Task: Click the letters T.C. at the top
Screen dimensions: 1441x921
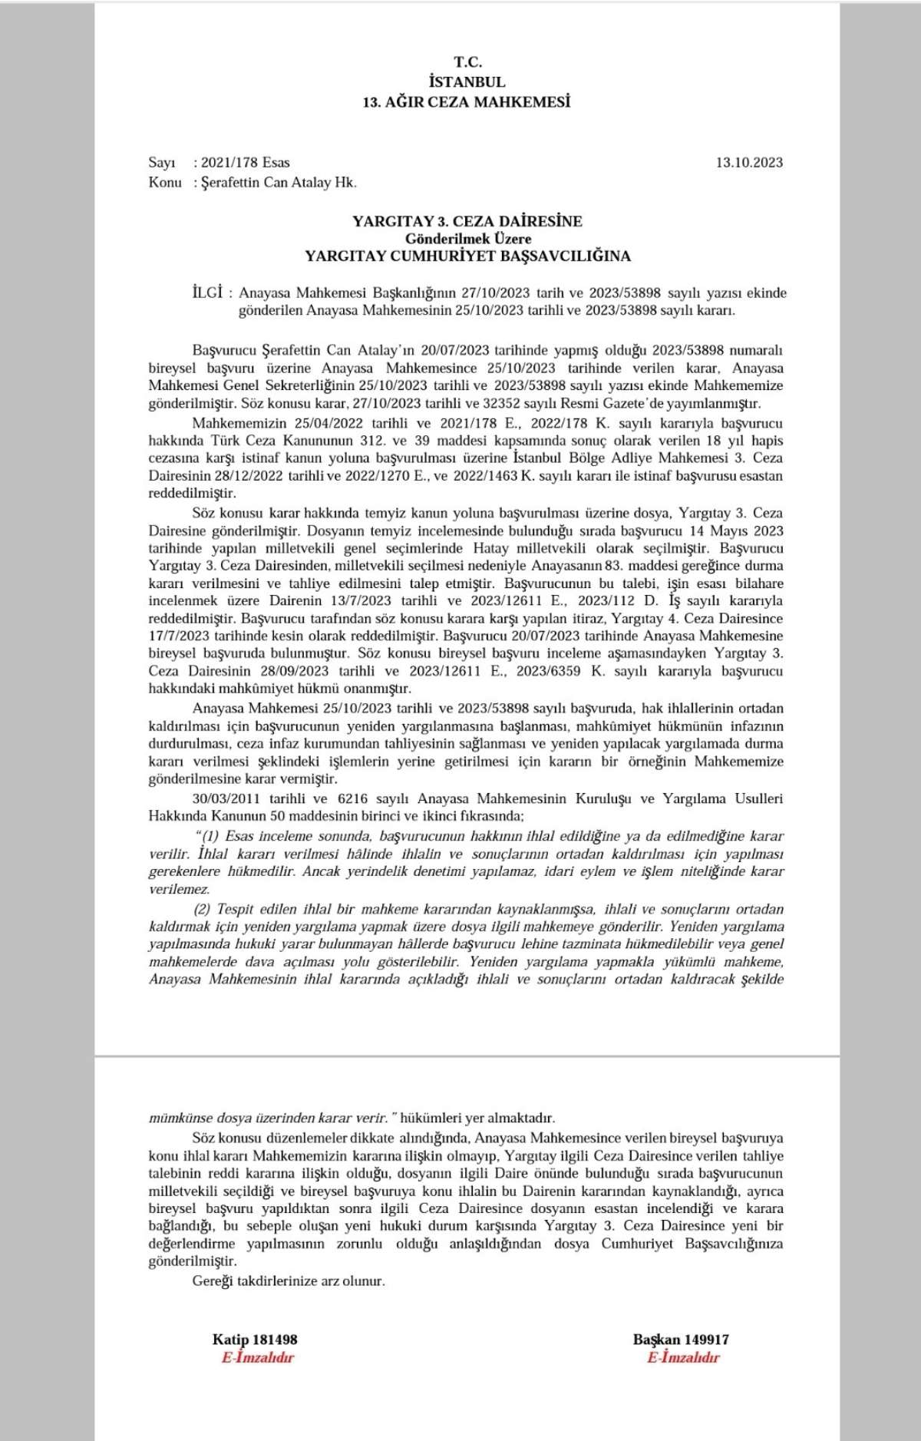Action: pos(467,62)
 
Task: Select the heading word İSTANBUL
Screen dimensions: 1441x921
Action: pos(467,81)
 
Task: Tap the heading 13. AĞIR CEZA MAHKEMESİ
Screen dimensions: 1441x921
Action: pos(467,101)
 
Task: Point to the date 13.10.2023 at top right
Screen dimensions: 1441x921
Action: pos(749,162)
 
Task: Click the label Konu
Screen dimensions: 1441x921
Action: pos(165,182)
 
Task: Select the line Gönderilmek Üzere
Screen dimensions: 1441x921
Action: pos(468,239)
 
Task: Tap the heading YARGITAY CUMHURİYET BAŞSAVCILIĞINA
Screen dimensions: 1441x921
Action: pos(467,256)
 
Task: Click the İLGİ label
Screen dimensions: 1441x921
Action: pos(207,292)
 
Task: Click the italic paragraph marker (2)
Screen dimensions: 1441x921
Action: pos(202,909)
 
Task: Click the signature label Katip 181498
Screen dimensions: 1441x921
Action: pos(255,1340)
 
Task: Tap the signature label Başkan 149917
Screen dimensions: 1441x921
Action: pos(681,1340)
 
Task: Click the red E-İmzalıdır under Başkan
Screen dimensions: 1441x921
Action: pos(683,1357)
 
